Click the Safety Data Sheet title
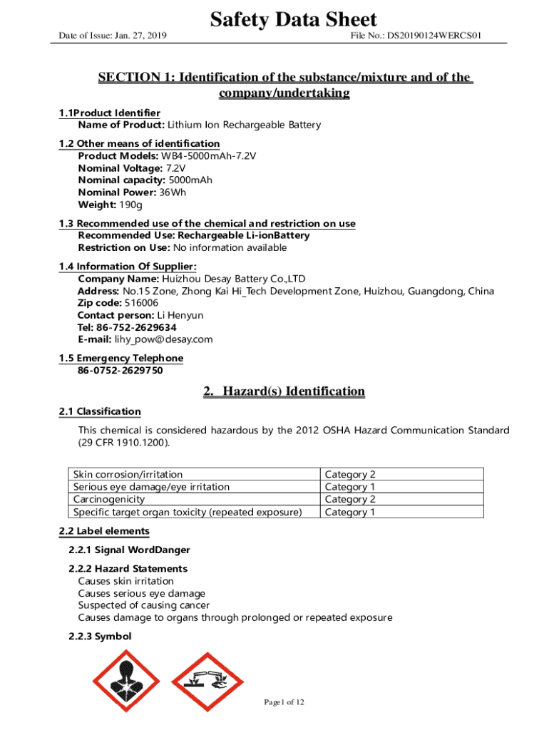point(293,19)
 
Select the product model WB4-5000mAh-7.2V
point(208,155)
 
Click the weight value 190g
point(130,205)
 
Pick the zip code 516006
point(141,303)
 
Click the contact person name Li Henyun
point(180,315)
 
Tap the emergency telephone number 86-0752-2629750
point(120,371)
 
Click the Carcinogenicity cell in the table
point(109,499)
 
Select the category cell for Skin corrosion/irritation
point(350,474)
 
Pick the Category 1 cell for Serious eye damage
point(350,487)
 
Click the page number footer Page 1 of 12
point(284,702)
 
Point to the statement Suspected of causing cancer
point(143,605)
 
